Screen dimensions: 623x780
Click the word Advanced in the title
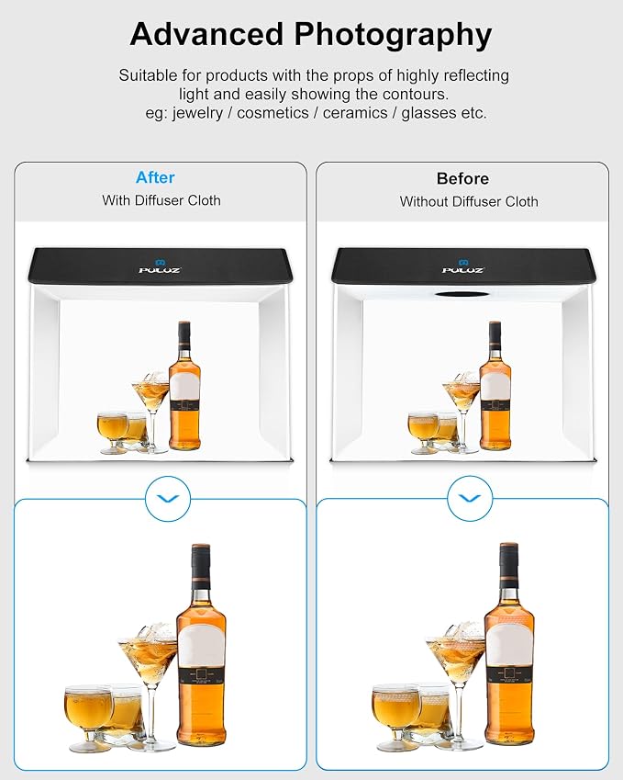pyautogui.click(x=206, y=34)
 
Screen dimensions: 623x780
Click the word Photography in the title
pyautogui.click(x=393, y=36)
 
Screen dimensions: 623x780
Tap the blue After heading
pyautogui.click(x=155, y=177)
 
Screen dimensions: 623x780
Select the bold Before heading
pyautogui.click(x=462, y=178)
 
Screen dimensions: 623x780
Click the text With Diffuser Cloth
pyautogui.click(x=161, y=200)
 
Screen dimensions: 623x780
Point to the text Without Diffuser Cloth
pyautogui.click(x=469, y=201)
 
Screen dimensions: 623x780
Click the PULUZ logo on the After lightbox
pyautogui.click(x=160, y=266)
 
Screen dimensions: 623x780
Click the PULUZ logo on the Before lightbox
pyautogui.click(x=463, y=266)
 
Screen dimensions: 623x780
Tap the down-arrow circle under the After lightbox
pyautogui.click(x=168, y=499)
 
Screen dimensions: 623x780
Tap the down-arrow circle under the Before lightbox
pyautogui.click(x=470, y=499)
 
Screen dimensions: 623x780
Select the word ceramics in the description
pyautogui.click(x=355, y=113)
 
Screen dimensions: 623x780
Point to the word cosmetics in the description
pyautogui.click(x=273, y=113)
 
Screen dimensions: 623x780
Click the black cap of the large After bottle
pyautogui.click(x=201, y=561)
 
